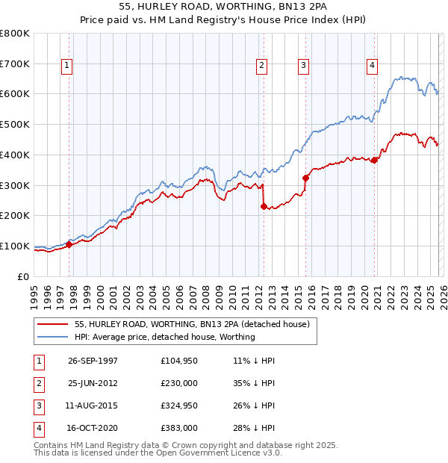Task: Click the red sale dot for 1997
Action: (69, 244)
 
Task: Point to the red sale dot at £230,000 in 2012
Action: (264, 206)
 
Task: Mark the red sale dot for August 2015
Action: (305, 178)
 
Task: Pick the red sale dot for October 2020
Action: (374, 160)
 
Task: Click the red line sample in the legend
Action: (52, 324)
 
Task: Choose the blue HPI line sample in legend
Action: (52, 337)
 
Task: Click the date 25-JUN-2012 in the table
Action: (93, 382)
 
